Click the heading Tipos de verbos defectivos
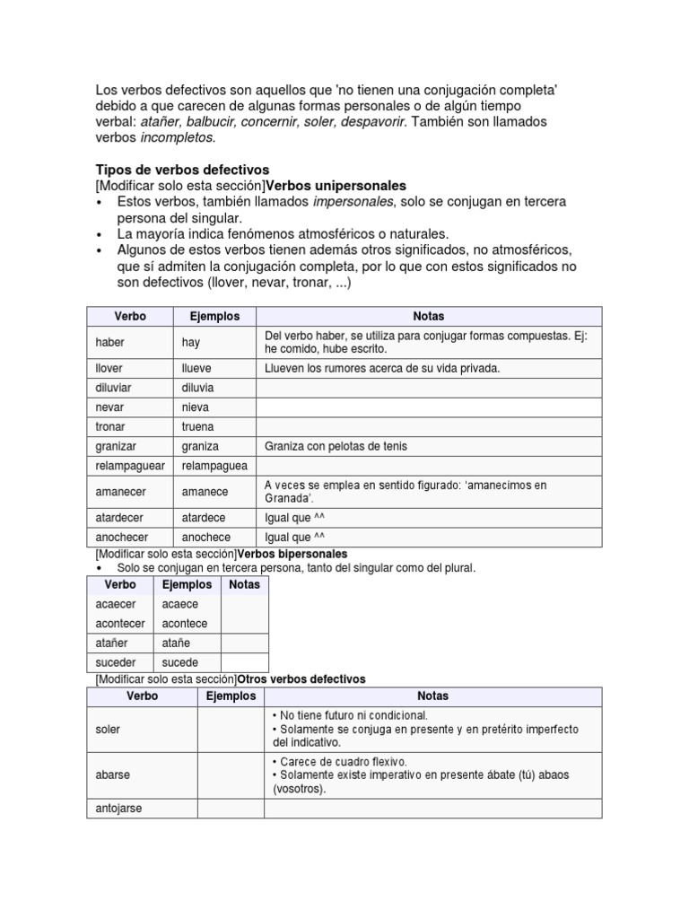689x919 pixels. click(x=182, y=170)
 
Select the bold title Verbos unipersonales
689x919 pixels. click(x=336, y=186)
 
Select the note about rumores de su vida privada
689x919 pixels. click(x=381, y=368)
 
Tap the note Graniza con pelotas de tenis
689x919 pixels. click(x=336, y=446)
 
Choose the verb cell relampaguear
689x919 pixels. click(x=130, y=466)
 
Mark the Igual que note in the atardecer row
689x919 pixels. click(x=288, y=518)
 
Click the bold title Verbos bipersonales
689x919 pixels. click(x=292, y=554)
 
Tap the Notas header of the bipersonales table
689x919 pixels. click(x=244, y=584)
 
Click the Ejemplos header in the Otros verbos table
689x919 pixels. click(x=231, y=696)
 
